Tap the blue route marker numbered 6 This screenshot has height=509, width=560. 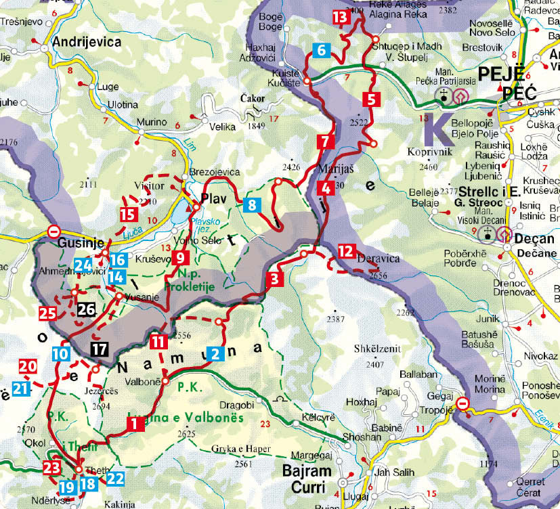[x=322, y=49]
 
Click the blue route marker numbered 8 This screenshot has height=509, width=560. [x=251, y=204]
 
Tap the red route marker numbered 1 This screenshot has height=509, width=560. [x=133, y=424]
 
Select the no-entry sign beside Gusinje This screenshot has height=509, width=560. [x=53, y=231]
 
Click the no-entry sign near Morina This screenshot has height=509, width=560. [x=462, y=404]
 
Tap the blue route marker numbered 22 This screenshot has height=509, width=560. [x=116, y=479]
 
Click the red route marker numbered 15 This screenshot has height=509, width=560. [x=128, y=215]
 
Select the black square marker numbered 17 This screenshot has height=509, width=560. [x=99, y=350]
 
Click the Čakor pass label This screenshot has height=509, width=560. [x=253, y=99]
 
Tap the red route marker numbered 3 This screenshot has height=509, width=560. [x=274, y=279]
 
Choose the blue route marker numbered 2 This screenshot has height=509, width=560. [x=215, y=353]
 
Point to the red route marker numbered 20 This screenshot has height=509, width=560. [x=27, y=366]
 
